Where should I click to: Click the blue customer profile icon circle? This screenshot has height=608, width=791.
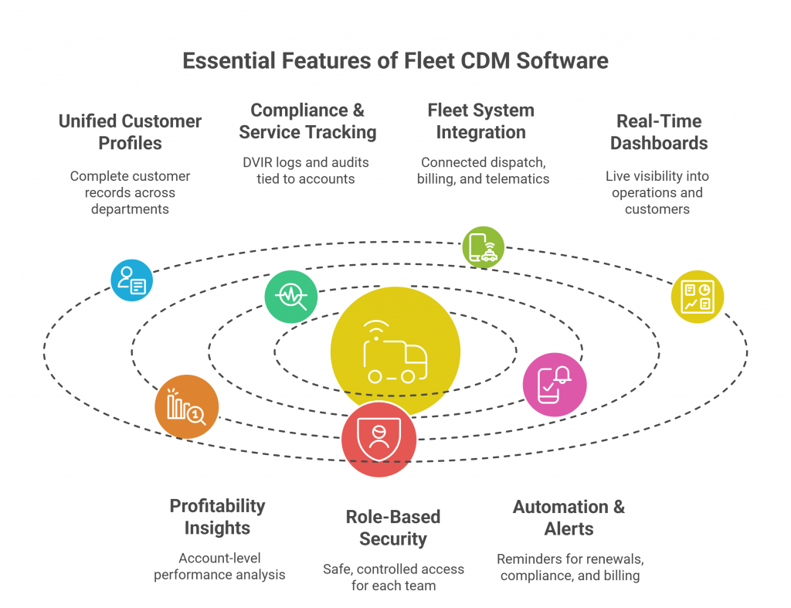131,280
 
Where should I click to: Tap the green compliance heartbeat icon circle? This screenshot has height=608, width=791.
291,297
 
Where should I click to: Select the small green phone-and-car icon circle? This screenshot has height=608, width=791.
483,247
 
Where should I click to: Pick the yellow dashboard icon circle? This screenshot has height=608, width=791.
698,297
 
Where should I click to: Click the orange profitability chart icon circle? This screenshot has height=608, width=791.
186,407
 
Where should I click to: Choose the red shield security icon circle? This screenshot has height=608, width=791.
379,439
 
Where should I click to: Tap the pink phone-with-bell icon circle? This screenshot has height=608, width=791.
554,384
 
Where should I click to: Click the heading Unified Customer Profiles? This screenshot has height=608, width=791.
130,132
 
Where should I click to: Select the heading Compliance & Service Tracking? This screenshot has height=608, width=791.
307,121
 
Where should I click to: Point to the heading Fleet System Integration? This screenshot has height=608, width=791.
480,121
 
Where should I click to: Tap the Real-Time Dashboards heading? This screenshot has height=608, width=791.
659,132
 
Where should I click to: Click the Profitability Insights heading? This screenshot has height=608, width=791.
217,517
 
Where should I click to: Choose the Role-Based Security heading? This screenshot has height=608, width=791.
392,528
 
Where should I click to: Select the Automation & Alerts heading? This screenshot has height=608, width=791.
569,518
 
